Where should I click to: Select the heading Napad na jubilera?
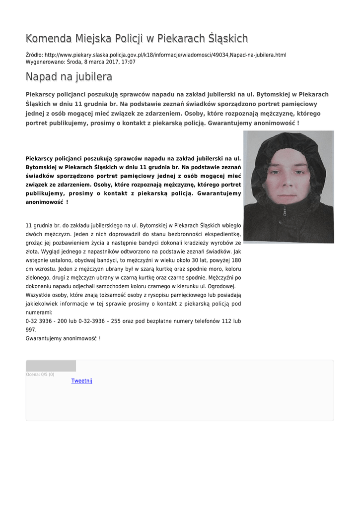[69, 76]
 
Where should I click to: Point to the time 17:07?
[129, 62]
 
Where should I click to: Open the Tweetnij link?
[81, 381]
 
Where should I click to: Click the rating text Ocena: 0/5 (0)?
[40, 375]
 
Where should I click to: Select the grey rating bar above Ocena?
[51, 366]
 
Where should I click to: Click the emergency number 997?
[31, 330]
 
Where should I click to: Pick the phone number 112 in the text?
[226, 321]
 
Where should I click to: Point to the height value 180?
[236, 260]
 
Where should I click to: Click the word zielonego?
[39, 278]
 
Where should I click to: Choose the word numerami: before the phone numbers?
[39, 313]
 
